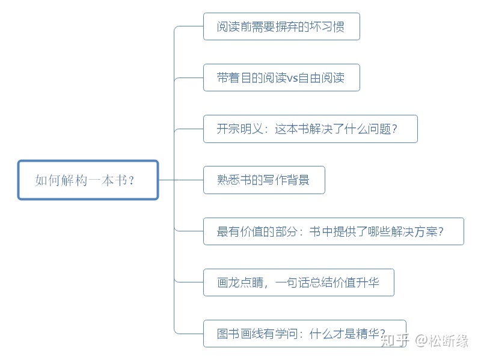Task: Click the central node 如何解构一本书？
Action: click(88, 180)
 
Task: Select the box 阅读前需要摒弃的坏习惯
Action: click(281, 26)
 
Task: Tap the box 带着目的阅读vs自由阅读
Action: click(281, 78)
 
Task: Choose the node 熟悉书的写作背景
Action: click(264, 180)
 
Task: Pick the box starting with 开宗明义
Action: click(310, 129)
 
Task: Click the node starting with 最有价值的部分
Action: click(333, 231)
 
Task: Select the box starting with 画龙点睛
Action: click(298, 282)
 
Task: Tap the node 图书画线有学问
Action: click(304, 334)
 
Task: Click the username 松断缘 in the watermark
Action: click(449, 341)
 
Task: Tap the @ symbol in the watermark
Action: click(420, 341)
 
